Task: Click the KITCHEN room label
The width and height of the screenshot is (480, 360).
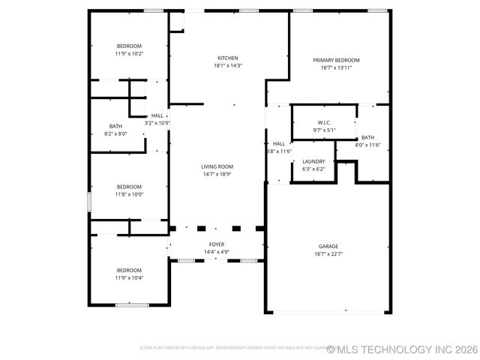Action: [228, 58]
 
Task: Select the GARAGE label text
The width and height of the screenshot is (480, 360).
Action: [328, 246]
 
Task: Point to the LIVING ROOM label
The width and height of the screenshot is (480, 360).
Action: [217, 166]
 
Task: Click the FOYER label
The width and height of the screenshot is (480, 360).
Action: [217, 244]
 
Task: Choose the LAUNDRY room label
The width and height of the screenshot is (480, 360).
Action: [313, 161]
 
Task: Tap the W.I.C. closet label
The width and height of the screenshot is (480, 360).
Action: [324, 122]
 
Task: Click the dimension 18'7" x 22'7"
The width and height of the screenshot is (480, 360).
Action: [328, 253]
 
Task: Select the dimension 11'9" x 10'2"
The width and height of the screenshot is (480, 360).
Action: [129, 53]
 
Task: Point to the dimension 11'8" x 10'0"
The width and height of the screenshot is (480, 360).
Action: [129, 194]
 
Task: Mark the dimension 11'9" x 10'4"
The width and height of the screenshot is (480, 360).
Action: [129, 277]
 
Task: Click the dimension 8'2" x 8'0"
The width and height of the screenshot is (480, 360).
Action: [115, 133]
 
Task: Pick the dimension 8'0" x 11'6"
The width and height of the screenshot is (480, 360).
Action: [367, 145]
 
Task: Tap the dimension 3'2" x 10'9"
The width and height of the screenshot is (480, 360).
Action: [157, 123]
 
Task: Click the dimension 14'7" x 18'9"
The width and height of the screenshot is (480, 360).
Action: [217, 174]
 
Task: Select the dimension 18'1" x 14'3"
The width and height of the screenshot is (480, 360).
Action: [228, 65]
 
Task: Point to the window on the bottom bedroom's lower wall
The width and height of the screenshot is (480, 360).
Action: [132, 304]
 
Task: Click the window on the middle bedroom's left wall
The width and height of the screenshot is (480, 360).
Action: [89, 202]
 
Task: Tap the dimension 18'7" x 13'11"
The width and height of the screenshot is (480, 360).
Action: [336, 67]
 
